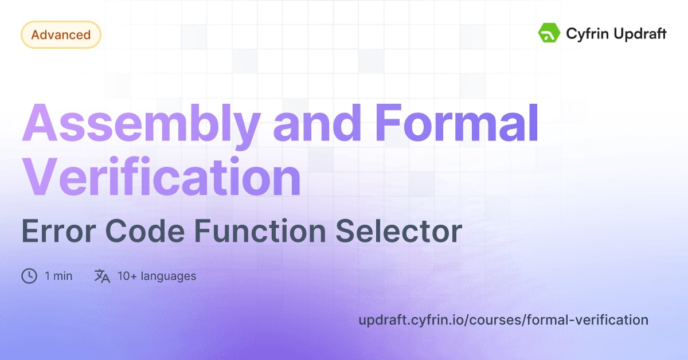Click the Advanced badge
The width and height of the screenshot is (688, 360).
point(61,35)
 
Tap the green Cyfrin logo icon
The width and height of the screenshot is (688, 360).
point(549,33)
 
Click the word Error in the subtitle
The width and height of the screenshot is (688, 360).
point(54,232)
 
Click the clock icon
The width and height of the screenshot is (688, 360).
point(29,276)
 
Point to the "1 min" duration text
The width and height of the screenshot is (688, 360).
point(58,276)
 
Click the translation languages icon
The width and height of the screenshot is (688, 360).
point(102,276)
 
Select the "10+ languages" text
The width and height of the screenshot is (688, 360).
point(157,276)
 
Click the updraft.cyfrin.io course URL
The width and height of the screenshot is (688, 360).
point(503,320)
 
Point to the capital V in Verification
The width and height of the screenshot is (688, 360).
point(40,179)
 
